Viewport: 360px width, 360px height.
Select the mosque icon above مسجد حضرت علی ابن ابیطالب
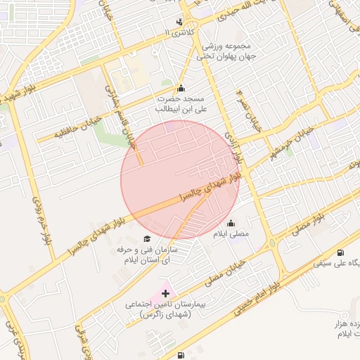tap(181, 89)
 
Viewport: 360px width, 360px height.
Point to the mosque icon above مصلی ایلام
tap(231, 224)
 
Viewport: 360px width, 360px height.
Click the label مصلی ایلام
tap(231, 234)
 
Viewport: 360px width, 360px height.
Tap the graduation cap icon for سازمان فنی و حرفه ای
tap(146, 239)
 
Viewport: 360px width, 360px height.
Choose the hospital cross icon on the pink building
tap(165, 292)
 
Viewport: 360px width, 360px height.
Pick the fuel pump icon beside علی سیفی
tap(341, 253)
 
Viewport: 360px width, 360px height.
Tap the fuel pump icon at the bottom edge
tap(181, 356)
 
